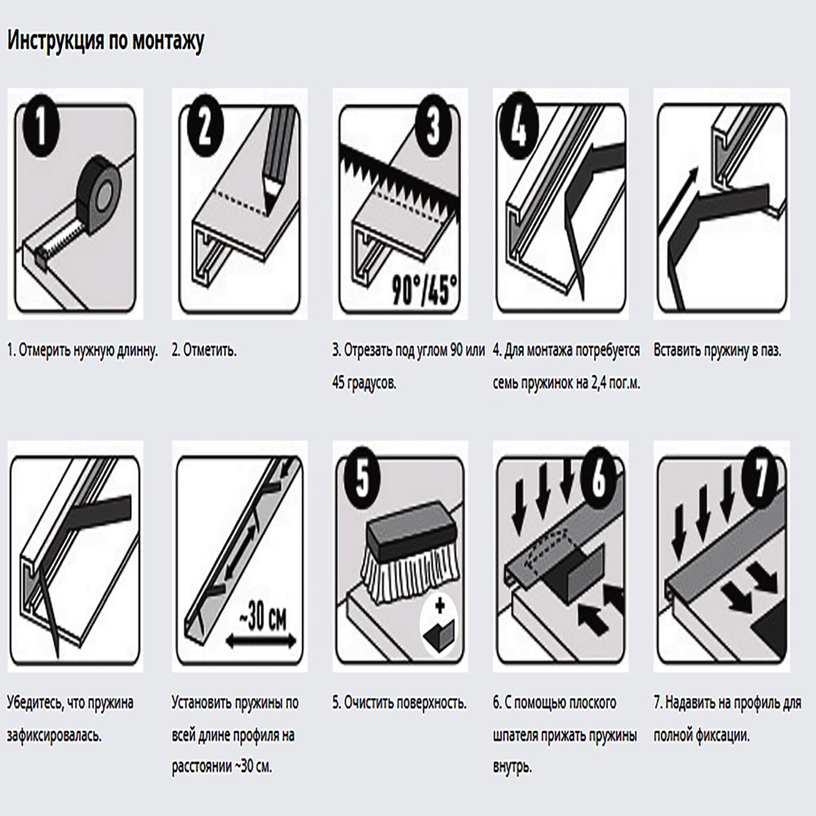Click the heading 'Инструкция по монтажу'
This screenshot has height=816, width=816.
coord(105,41)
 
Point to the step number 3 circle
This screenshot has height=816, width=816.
coord(433,126)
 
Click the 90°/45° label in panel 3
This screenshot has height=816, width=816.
coord(424,290)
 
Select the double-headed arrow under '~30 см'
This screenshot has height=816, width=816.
coord(261,641)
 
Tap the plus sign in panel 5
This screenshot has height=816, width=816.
coord(441,606)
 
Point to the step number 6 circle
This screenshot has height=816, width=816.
coord(597,477)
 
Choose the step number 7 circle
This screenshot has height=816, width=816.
coord(760,477)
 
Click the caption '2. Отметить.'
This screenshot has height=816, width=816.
coord(204,350)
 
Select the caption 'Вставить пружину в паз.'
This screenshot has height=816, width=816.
coord(717,350)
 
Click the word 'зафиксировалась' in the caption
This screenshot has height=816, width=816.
coord(54,736)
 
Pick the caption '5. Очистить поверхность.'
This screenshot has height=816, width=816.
coord(400,703)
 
